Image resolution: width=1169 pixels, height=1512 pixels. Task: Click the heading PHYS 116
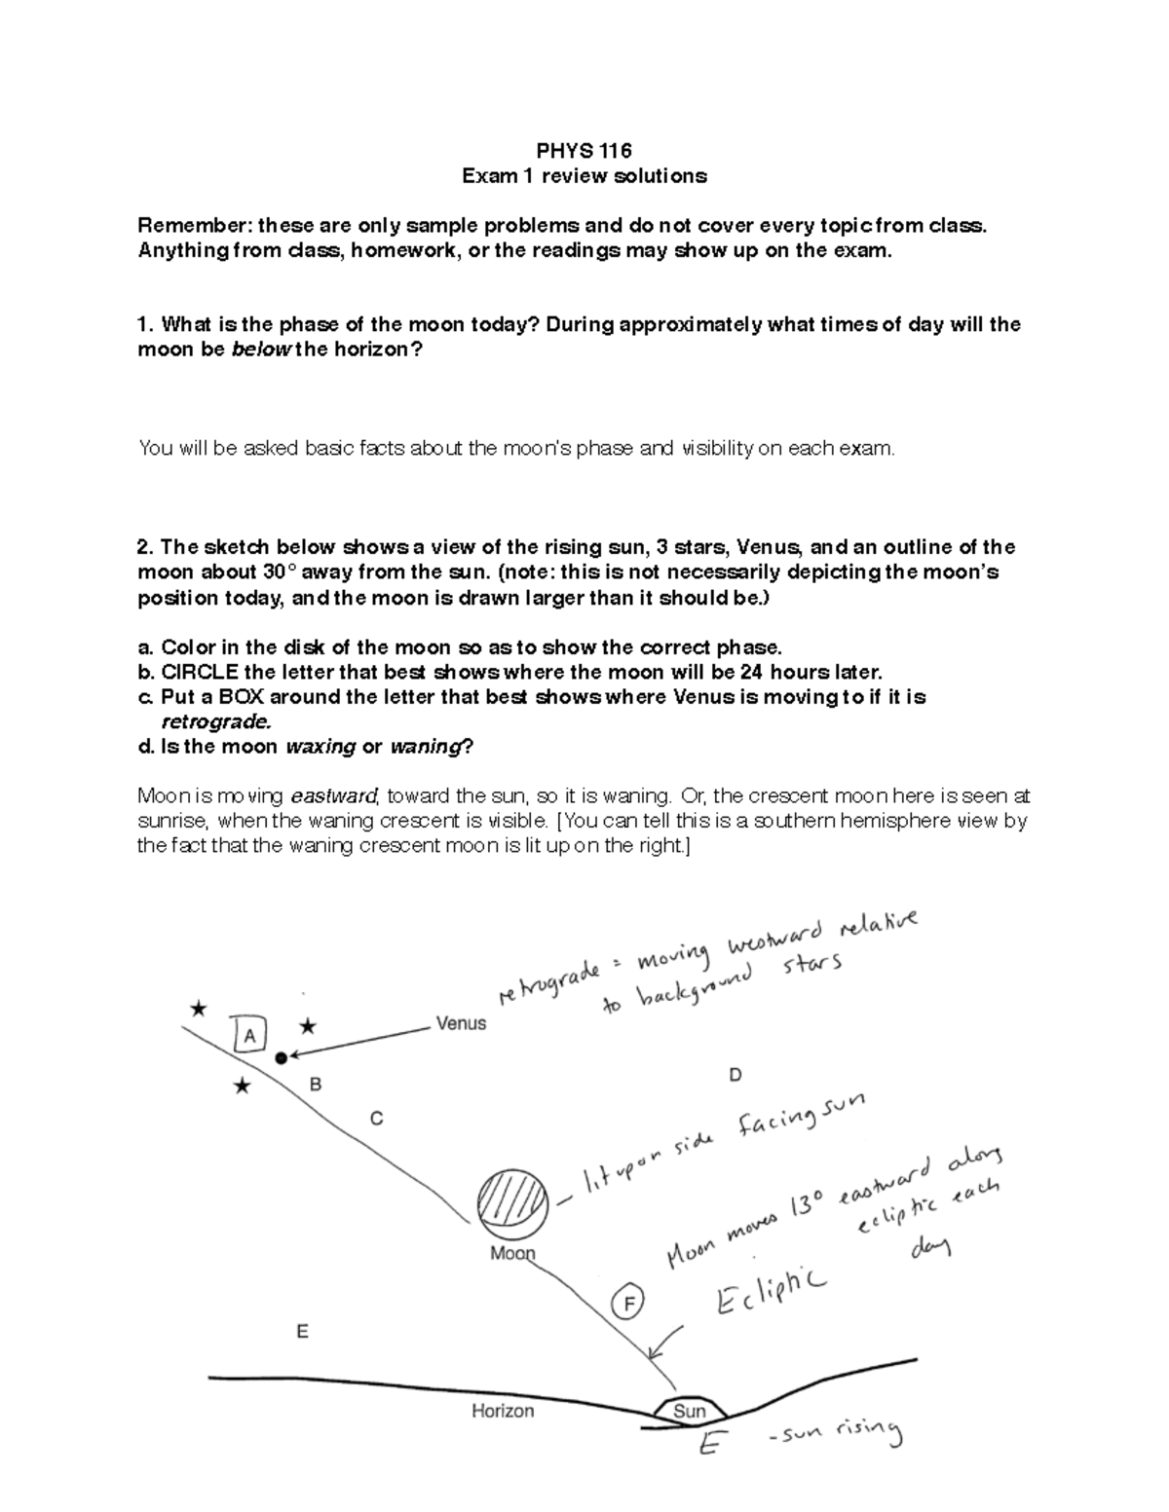point(584,151)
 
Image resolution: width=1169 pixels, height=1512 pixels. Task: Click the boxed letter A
point(249,1036)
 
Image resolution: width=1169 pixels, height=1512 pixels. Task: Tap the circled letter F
point(629,1303)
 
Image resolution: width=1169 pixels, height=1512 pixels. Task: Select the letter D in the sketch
point(735,1075)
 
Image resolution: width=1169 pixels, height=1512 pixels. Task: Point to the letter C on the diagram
point(376,1119)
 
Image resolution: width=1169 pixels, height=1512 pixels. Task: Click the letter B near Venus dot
point(316,1084)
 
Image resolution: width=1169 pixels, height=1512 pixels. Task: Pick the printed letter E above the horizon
point(303,1331)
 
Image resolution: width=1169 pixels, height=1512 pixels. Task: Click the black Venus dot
point(282,1057)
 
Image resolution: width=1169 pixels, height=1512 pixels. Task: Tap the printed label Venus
point(461,1023)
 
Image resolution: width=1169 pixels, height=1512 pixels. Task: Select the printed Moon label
point(512,1253)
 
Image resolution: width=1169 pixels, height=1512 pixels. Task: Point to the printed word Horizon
point(503,1410)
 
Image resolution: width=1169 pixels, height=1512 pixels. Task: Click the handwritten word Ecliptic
point(770,1292)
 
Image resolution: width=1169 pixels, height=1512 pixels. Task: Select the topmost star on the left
point(199,1009)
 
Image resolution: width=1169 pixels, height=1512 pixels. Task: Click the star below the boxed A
point(243,1087)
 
